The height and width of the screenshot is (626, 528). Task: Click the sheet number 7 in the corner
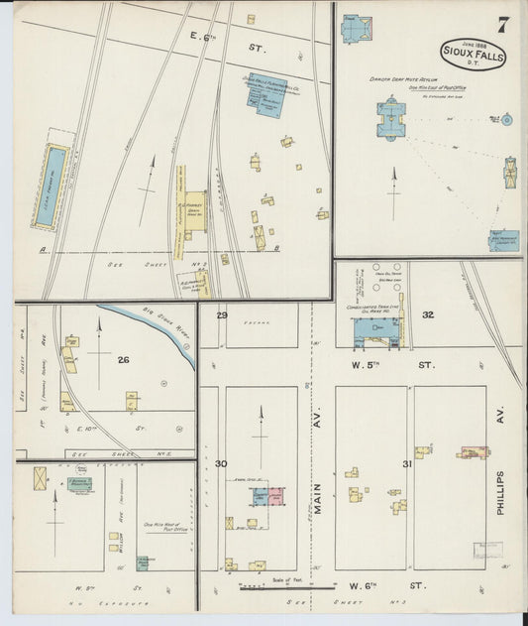pos(502,25)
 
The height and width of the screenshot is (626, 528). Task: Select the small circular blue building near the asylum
pos(507,120)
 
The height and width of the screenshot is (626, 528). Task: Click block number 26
pos(124,359)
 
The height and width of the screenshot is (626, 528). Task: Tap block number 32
pos(428,314)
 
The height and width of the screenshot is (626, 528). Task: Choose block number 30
pos(221,463)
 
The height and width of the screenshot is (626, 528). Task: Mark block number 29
pos(223,315)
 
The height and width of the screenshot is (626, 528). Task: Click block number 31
pos(406,463)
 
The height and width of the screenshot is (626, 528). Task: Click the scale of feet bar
pos(272,587)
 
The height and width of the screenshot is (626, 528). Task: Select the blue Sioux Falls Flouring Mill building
pos(266,96)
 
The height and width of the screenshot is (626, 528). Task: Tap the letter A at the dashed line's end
pos(43,250)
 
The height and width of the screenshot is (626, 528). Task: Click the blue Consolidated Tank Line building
pos(370,330)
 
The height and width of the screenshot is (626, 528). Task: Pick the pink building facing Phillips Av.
pos(472,452)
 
